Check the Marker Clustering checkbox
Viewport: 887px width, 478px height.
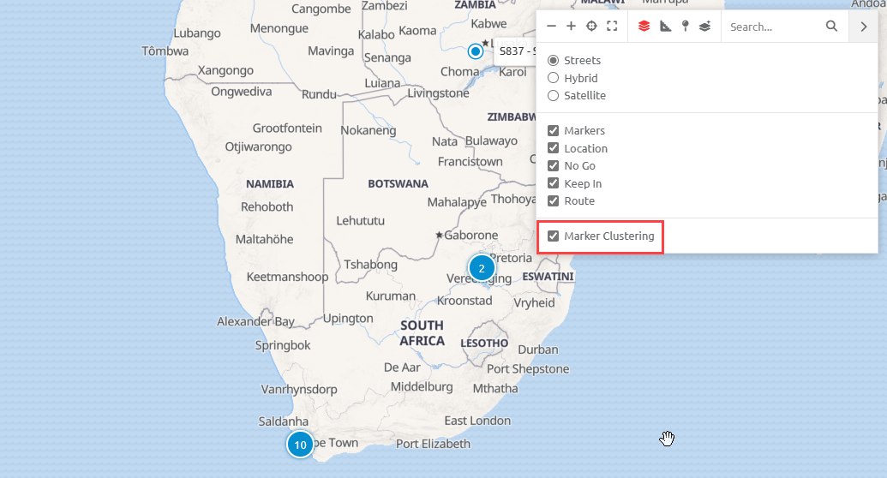coord(554,236)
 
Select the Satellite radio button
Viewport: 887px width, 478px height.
coord(554,96)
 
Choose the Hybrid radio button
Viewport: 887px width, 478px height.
coord(554,78)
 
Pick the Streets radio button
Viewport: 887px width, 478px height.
coord(554,61)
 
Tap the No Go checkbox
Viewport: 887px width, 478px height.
coord(554,166)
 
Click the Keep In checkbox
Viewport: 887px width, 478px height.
coord(554,183)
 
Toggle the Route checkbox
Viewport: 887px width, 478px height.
coord(554,201)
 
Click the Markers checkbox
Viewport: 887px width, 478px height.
coord(554,131)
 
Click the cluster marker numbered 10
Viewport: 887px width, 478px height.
coord(300,445)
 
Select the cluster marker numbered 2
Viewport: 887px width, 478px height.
coord(482,268)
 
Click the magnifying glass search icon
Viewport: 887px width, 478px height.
coord(831,27)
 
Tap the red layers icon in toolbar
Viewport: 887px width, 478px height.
coord(644,27)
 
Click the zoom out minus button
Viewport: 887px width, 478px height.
coord(551,27)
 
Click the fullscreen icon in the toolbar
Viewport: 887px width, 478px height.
coord(612,27)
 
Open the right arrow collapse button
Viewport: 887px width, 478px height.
coord(863,27)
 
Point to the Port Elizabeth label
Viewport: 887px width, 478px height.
coord(433,444)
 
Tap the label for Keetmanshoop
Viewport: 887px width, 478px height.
coord(287,277)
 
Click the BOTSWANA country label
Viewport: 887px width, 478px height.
coord(398,183)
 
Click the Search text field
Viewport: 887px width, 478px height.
coord(771,27)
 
